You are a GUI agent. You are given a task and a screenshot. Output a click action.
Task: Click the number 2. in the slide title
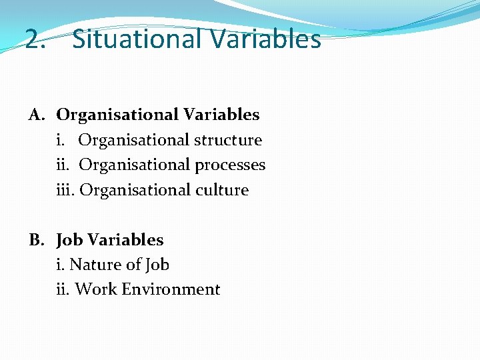[x=35, y=40]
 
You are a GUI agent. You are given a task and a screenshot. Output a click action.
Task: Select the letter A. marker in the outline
[x=37, y=115]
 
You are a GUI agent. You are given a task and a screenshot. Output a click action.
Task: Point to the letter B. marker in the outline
[x=37, y=240]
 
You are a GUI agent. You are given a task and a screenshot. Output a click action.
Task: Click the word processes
[x=230, y=165]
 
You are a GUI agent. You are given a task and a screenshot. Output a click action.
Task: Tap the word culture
[x=222, y=191]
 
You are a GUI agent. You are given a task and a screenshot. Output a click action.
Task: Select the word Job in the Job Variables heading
[x=69, y=240]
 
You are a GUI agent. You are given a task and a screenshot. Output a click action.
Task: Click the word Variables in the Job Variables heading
[x=125, y=240]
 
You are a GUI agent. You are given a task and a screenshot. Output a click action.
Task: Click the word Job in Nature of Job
[x=157, y=265]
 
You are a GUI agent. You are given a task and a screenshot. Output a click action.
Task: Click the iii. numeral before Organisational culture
[x=66, y=191]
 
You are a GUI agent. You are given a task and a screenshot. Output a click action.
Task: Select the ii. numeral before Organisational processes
[x=65, y=165]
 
